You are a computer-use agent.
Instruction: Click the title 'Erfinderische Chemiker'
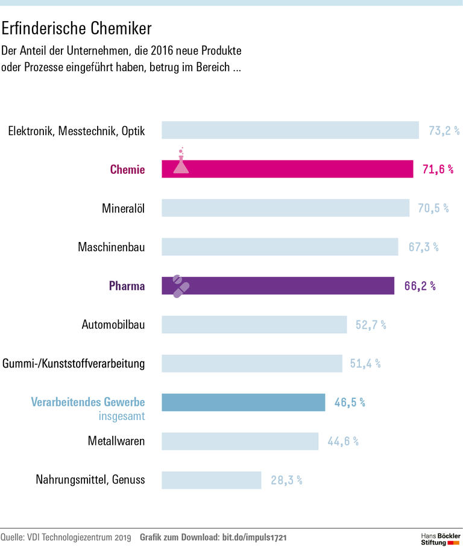pyautogui.click(x=77, y=28)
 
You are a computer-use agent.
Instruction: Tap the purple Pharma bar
pyautogui.click(x=283, y=285)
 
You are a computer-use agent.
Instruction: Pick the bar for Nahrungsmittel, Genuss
pyautogui.click(x=211, y=480)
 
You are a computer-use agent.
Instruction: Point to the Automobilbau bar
pyautogui.click(x=254, y=325)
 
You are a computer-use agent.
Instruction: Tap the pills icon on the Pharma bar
pyautogui.click(x=180, y=285)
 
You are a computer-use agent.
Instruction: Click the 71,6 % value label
pyautogui.click(x=438, y=170)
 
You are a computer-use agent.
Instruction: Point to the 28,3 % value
pyautogui.click(x=286, y=480)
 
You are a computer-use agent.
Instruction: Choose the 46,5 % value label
pyautogui.click(x=350, y=402)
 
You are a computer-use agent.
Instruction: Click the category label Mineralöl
pyautogui.click(x=124, y=208)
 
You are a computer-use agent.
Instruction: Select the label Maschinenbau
pyautogui.click(x=112, y=247)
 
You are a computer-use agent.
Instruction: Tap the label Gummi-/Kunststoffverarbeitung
pyautogui.click(x=74, y=363)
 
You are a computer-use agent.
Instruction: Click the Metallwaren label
pyautogui.click(x=116, y=441)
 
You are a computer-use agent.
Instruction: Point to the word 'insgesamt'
pyautogui.click(x=121, y=416)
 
